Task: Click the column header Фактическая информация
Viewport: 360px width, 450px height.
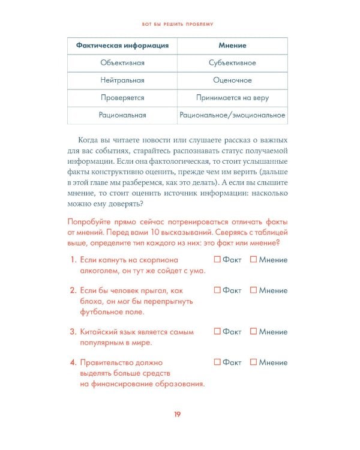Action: [122, 46]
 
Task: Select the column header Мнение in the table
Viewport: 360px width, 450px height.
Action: [232, 46]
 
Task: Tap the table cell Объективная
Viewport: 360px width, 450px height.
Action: [122, 63]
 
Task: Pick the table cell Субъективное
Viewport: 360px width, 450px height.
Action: [232, 63]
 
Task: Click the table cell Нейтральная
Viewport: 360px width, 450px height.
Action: [122, 80]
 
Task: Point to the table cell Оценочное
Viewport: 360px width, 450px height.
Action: [232, 80]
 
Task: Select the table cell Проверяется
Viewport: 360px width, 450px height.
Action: [122, 98]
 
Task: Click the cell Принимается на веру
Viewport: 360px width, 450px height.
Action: [232, 98]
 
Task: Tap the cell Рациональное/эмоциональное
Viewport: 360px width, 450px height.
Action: [232, 115]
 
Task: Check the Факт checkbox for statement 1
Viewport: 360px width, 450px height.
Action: [217, 260]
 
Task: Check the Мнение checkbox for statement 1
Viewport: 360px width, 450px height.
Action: [253, 260]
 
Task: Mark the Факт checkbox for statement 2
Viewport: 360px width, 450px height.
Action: [217, 290]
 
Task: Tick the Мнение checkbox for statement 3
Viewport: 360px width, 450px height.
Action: [253, 331]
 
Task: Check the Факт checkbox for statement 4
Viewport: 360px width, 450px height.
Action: [217, 362]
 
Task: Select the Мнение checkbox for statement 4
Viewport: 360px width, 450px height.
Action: [253, 362]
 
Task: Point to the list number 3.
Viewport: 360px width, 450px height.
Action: [72, 332]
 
